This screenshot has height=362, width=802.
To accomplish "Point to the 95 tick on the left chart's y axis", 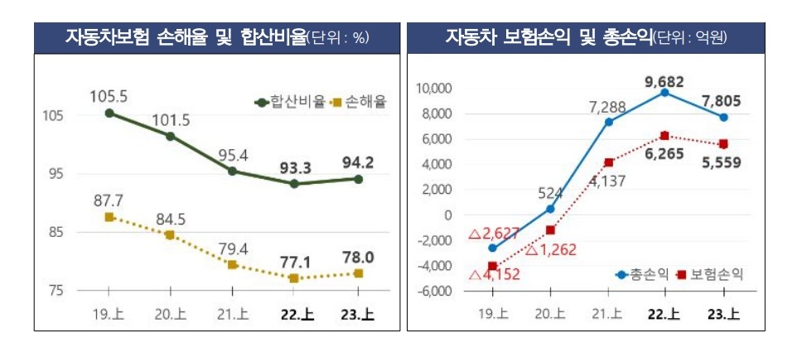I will point(54,174).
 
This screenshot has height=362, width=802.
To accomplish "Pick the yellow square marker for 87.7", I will point(109,217).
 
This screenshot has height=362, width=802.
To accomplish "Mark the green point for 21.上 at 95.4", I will point(233,171).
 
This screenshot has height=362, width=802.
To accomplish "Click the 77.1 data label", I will point(295,263).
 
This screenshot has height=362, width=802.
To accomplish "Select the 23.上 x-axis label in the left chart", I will point(358,314).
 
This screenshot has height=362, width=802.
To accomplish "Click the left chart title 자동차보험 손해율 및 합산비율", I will point(186,37).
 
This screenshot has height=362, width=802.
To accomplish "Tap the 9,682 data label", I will point(664,80).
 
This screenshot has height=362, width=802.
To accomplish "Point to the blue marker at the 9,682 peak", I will point(664,93).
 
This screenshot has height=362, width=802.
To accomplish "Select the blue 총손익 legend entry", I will point(643,273).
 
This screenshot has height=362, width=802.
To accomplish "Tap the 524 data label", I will point(550,194).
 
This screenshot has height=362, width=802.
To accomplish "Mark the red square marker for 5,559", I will point(723,144).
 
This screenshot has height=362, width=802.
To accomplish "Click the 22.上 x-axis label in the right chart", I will point(664,314).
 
